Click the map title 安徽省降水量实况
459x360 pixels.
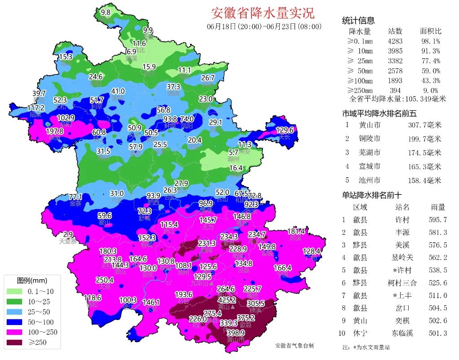(263, 13)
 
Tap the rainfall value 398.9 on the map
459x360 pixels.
(235, 333)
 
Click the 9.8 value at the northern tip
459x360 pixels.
(106, 13)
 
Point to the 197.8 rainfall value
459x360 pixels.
(55, 132)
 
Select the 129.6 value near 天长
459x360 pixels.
(284, 130)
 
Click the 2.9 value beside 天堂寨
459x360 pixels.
(68, 234)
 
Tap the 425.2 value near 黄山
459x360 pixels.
(227, 300)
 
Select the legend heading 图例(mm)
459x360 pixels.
(32, 280)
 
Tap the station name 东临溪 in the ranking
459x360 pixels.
(401, 333)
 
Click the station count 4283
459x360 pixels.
(395, 41)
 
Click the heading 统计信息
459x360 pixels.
(358, 21)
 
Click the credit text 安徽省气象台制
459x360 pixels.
(294, 346)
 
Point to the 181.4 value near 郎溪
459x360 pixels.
(296, 232)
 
